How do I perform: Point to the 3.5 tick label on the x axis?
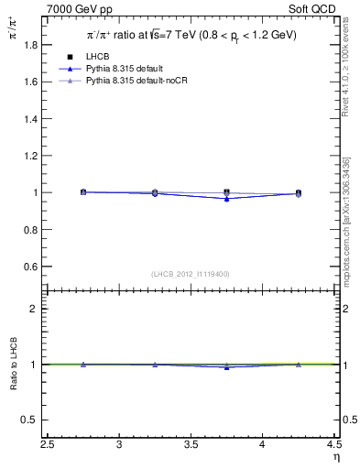click(x=191, y=445)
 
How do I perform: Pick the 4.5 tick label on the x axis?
click(x=333, y=445)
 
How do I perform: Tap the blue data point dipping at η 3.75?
click(x=227, y=199)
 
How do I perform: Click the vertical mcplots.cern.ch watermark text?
click(x=347, y=220)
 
